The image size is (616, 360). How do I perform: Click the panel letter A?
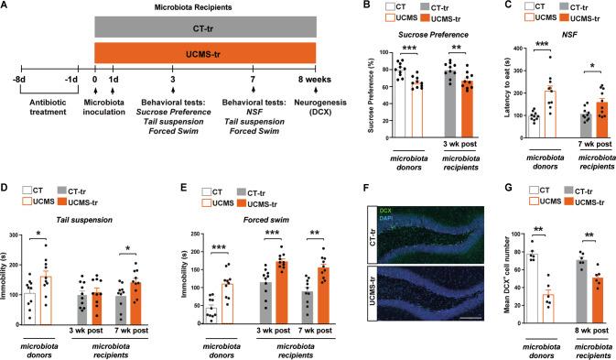[x=6, y=7]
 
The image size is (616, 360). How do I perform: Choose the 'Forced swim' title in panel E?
[x=248, y=195]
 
